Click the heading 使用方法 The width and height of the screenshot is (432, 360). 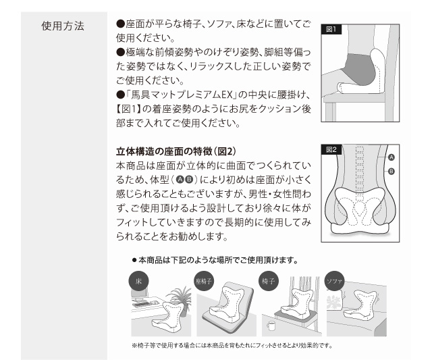pos(63,26)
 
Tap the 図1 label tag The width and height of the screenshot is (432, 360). pos(331,29)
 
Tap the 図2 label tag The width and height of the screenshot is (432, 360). pos(331,150)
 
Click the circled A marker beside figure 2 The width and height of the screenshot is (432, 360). pos(391,157)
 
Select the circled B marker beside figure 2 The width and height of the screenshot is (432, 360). pos(391,172)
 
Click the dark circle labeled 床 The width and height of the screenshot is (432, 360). pos(138,281)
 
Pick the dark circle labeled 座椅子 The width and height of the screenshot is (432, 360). pos(204,281)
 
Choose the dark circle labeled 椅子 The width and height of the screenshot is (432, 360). pos(269,281)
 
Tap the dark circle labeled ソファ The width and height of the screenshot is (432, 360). pos(334,281)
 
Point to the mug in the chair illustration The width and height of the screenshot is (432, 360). pos(271,326)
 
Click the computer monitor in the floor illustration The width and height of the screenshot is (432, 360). pos(140,294)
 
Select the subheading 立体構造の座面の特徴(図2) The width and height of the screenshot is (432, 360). pos(175,151)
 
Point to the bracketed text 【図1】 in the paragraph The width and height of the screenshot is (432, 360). pos(128,109)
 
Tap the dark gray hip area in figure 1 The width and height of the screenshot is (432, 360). pos(359,69)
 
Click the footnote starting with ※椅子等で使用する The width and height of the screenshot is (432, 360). pos(232,345)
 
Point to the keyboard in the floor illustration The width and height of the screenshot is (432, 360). pos(142,305)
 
